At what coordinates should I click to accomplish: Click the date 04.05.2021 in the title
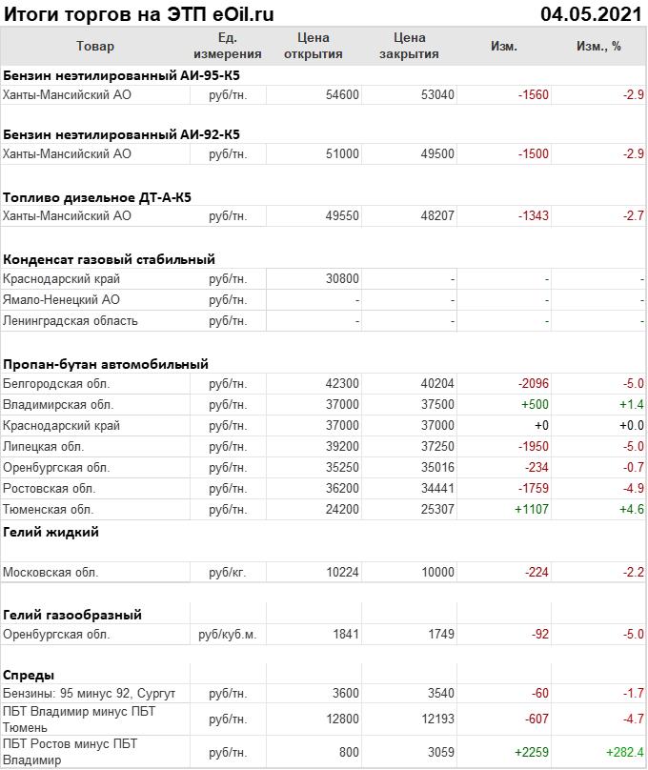[590, 13]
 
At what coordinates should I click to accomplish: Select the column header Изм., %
[598, 47]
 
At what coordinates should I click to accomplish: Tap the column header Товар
[94, 47]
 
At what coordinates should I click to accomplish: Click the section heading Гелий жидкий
[51, 532]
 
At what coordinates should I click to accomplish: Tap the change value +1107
[532, 510]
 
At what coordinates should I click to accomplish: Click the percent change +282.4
[624, 753]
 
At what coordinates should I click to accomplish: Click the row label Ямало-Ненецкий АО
[61, 300]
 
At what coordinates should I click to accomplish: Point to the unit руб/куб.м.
[227, 635]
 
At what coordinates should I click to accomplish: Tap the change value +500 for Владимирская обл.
[534, 405]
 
